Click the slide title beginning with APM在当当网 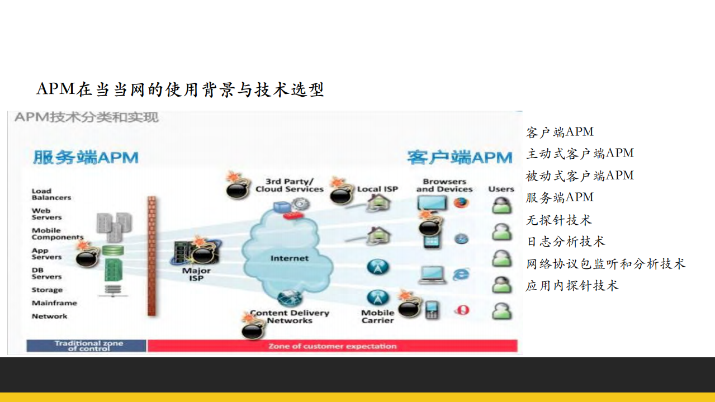pos(180,89)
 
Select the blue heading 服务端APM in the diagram pos(85,157)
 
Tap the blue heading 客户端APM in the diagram pos(459,157)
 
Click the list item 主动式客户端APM pos(580,154)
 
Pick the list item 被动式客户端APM pos(580,176)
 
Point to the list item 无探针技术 pos(558,220)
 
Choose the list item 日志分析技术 pos(565,242)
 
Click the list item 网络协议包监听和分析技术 pos(605,264)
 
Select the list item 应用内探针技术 pos(572,286)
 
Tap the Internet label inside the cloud pos(289,258)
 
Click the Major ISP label pos(196,275)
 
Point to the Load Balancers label pos(51,194)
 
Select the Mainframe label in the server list pos(54,303)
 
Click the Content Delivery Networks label pos(289,317)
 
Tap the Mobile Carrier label pos(377,316)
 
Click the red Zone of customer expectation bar pos(332,346)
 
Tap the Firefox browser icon pos(462,203)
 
